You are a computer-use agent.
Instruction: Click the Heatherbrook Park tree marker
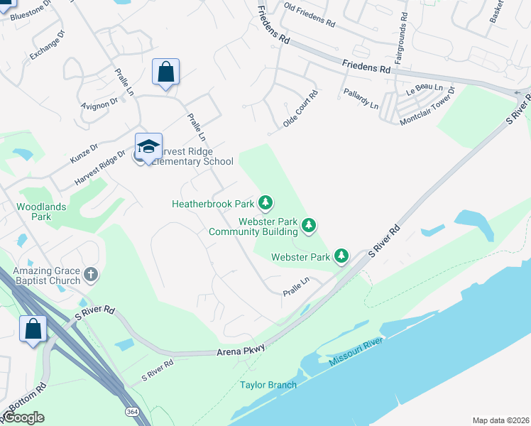pos(265,204)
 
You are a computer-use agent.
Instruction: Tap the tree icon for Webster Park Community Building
pos(309,226)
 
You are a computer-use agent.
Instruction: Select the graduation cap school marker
pos(148,147)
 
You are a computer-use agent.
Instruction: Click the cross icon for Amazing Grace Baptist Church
pos(90,274)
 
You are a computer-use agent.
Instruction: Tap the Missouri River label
pos(356,352)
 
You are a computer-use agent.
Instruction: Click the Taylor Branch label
pos(268,386)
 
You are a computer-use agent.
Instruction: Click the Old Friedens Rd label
pos(309,14)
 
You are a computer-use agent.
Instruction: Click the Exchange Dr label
pos(48,45)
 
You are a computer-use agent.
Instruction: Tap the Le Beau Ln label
pos(425,91)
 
